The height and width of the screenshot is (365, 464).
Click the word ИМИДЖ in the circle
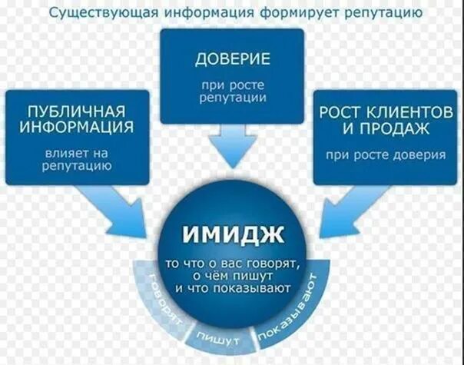pyautogui.click(x=233, y=231)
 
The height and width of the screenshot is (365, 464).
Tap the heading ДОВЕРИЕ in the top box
pyautogui.click(x=232, y=59)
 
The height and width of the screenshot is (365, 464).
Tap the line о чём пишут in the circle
pyautogui.click(x=231, y=277)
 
